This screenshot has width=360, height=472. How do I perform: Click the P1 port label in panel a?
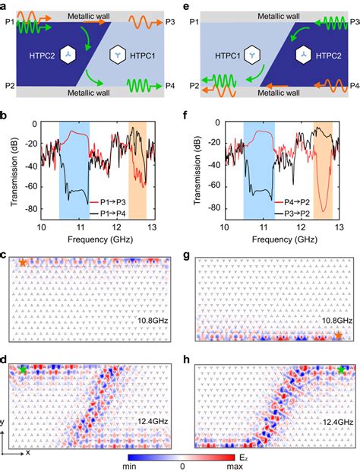tap(7, 22)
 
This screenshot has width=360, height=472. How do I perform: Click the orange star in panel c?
tap(23, 262)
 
